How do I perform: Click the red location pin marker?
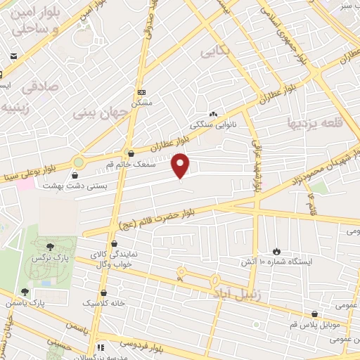[181, 165]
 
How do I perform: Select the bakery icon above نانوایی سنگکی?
[212, 113]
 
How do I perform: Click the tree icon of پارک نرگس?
[50, 246]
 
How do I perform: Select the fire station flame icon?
[276, 251]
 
